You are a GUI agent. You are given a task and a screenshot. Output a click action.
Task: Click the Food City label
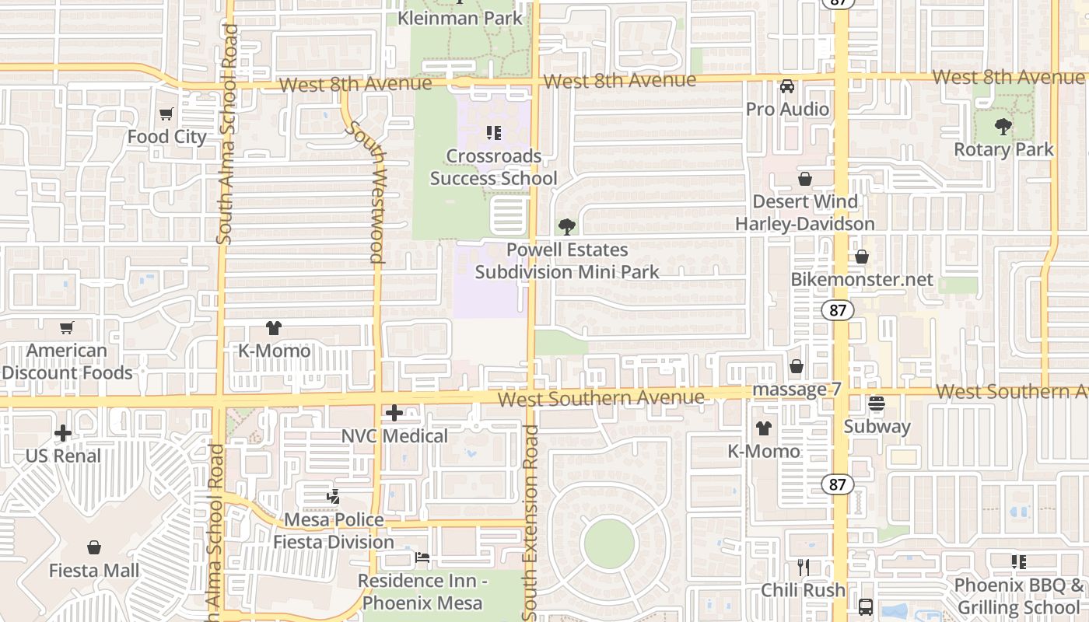(x=166, y=137)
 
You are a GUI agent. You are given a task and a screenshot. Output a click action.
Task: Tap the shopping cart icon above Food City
(x=166, y=114)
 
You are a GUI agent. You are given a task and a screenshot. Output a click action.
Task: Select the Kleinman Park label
(x=460, y=17)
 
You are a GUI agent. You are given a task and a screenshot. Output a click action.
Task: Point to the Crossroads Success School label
(x=493, y=167)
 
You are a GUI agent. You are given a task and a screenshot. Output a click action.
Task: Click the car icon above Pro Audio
(x=787, y=86)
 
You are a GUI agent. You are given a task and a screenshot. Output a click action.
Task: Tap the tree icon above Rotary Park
(x=1003, y=126)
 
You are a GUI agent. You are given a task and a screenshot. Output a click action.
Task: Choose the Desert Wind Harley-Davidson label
(x=805, y=213)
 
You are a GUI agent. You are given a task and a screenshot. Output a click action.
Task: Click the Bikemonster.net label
(x=862, y=279)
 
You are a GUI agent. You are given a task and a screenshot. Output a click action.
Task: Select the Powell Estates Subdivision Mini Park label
(x=567, y=260)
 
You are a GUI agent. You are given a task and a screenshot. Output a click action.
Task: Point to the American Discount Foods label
(x=67, y=362)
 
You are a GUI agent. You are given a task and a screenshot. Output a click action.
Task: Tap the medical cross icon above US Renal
(x=63, y=433)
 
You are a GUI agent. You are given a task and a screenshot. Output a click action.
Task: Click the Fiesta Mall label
(x=94, y=571)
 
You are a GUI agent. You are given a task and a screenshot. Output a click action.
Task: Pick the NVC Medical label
(x=394, y=436)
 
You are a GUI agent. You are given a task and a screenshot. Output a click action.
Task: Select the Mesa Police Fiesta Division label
(x=334, y=530)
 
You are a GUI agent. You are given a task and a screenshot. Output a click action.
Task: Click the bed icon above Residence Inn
(x=422, y=557)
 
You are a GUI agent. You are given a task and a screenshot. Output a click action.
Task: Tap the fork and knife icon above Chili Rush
(x=804, y=568)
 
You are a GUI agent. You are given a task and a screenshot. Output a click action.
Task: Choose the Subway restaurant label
(x=877, y=426)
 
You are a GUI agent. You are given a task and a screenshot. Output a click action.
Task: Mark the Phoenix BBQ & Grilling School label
(x=1019, y=596)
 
